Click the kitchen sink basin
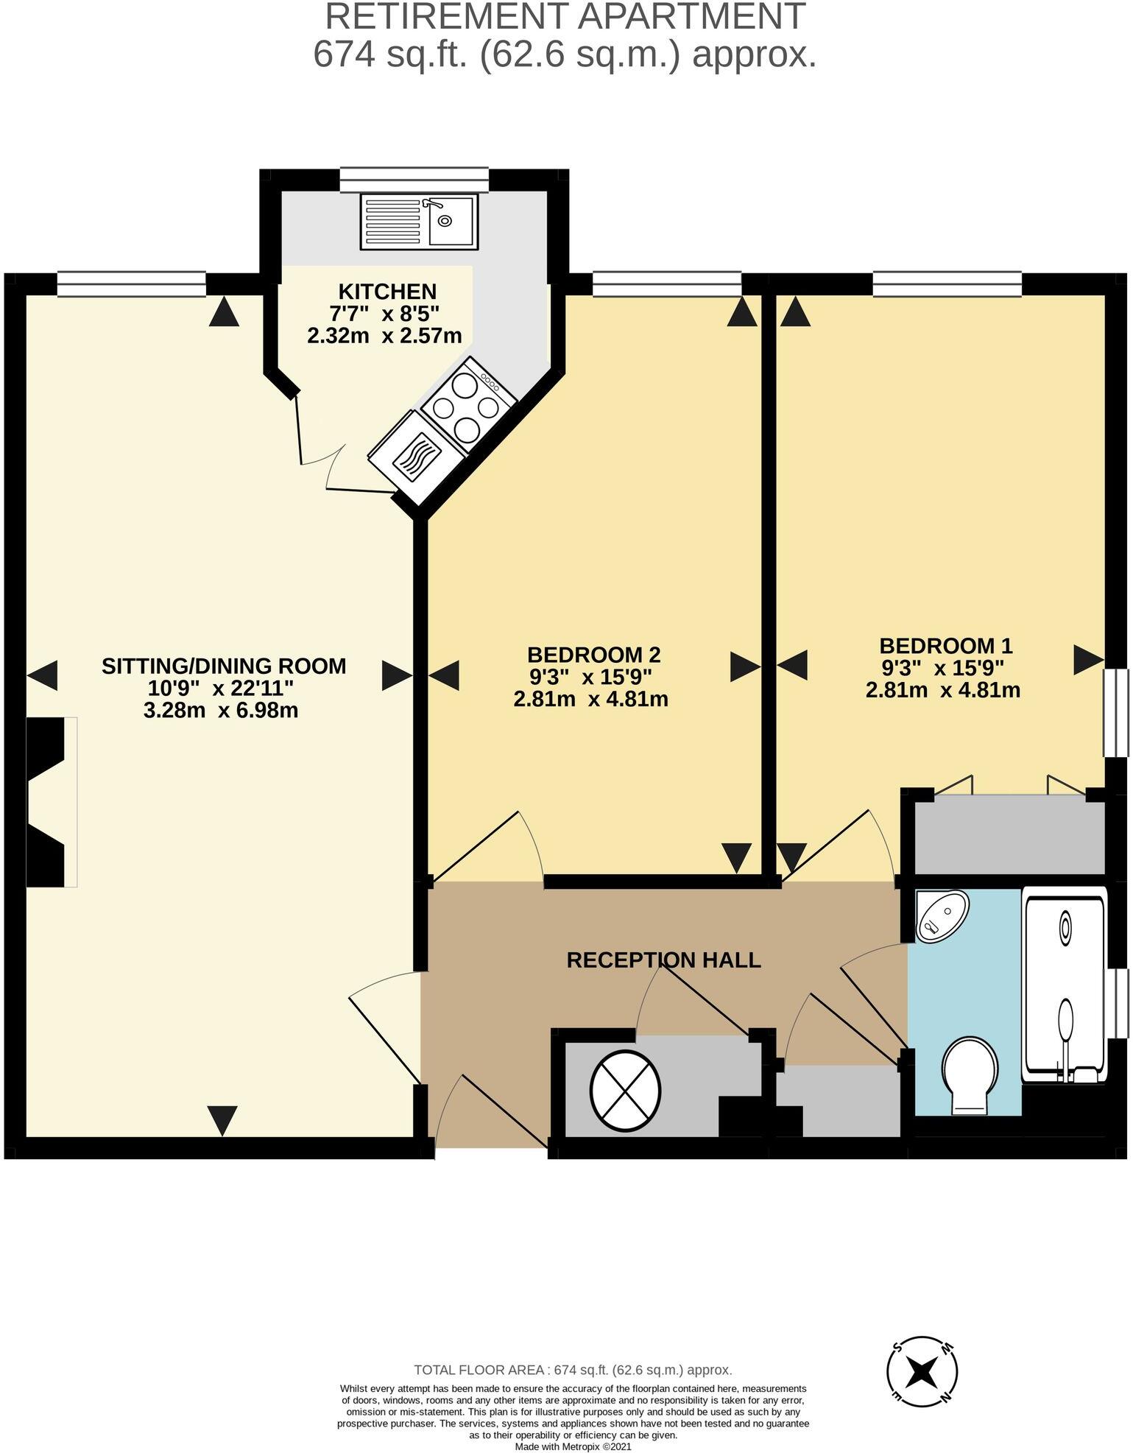click(452, 220)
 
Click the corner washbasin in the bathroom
click(942, 916)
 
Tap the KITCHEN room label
click(387, 291)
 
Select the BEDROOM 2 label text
click(593, 654)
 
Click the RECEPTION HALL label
click(663, 960)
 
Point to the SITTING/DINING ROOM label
click(224, 666)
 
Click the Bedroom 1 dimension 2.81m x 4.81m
click(943, 690)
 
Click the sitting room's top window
click(132, 284)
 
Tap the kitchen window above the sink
click(414, 179)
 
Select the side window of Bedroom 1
click(1117, 712)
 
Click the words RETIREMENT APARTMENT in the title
click(565, 17)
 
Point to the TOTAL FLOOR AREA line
click(573, 1370)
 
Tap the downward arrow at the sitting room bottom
click(222, 1120)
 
